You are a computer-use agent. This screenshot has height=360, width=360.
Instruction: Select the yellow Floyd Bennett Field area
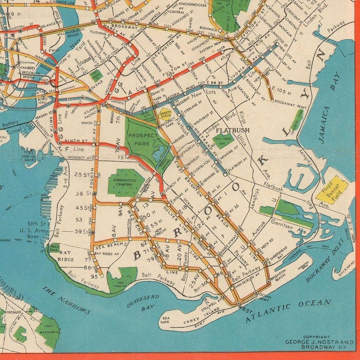point(331,189)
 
